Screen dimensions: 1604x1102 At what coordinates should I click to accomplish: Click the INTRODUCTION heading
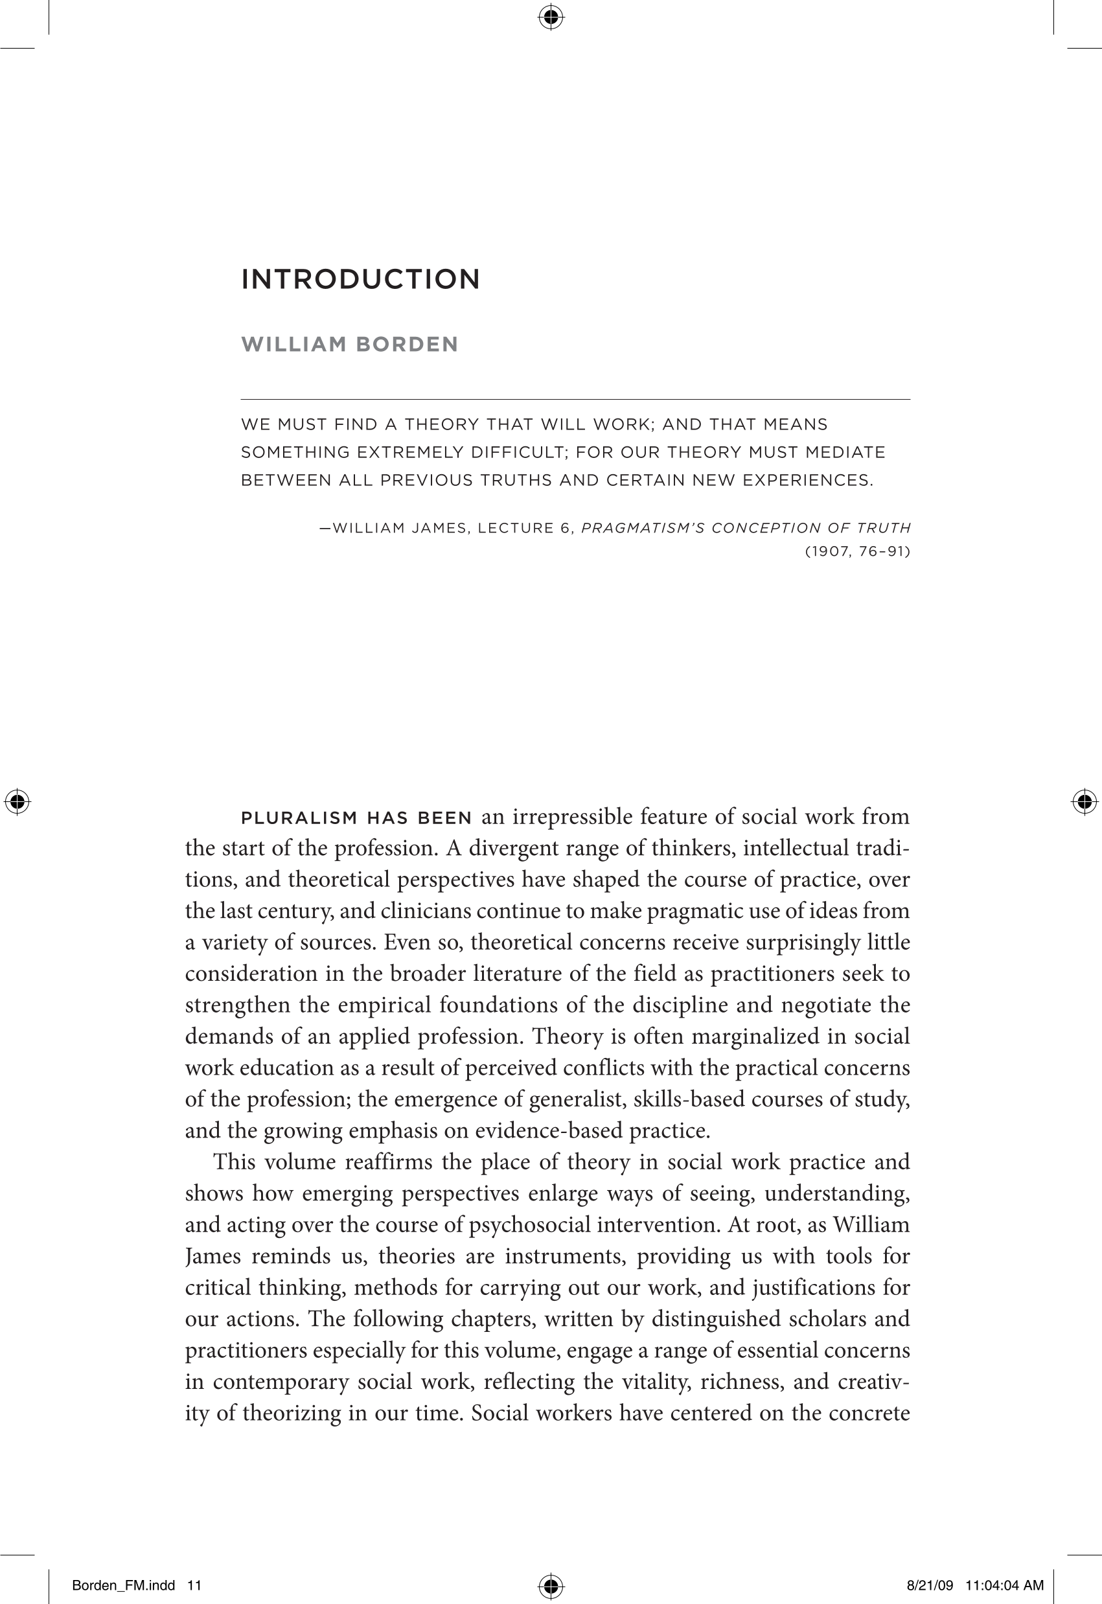click(360, 280)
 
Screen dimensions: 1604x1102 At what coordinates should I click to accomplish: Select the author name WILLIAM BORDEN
click(349, 344)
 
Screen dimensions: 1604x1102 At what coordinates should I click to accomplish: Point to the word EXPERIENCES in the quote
click(807, 481)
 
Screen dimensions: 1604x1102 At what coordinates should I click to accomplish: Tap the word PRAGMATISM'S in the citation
click(641, 528)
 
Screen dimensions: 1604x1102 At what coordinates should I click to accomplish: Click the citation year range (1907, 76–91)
click(858, 552)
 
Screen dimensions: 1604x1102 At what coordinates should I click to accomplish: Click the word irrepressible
click(568, 817)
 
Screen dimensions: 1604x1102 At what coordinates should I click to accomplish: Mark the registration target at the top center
click(550, 17)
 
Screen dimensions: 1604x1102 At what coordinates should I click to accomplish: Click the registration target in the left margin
click(17, 801)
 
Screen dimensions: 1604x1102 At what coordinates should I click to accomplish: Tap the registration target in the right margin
click(1084, 801)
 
